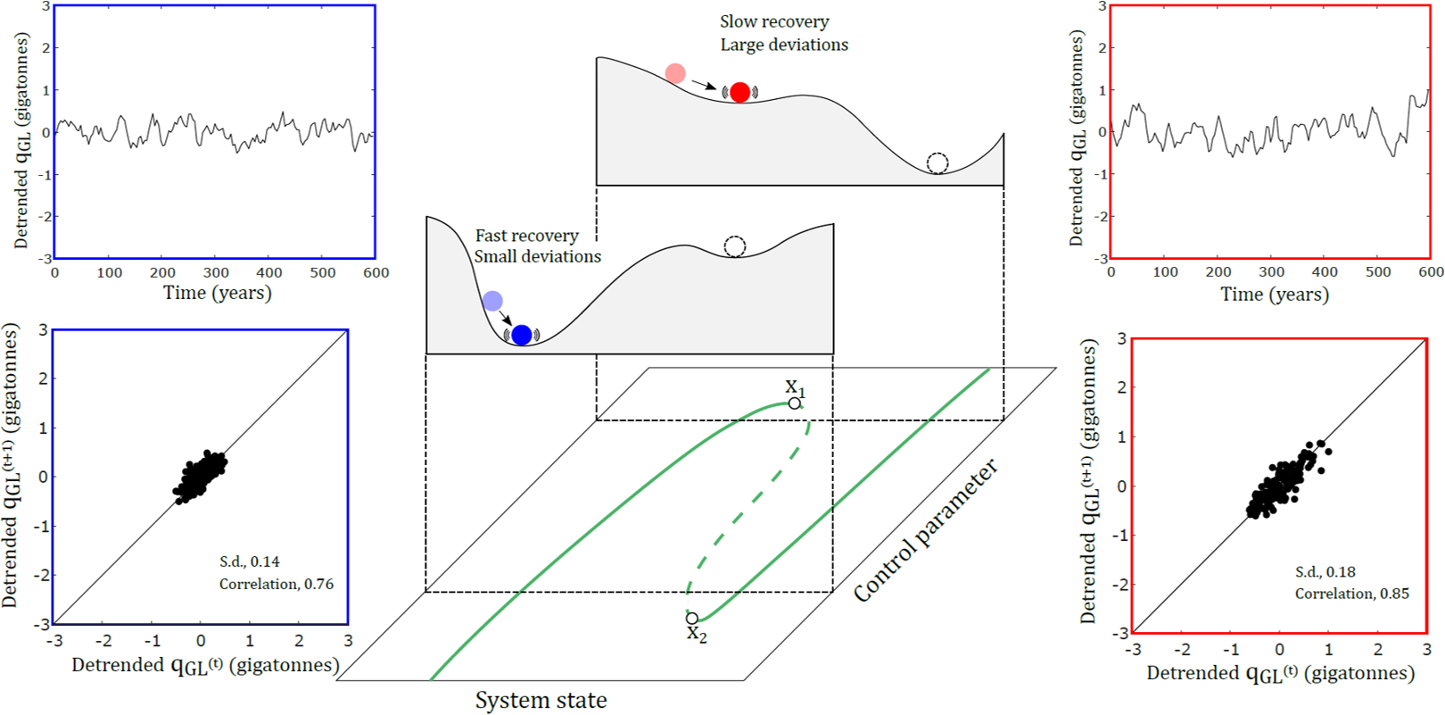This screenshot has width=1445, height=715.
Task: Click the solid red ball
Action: coord(739,92)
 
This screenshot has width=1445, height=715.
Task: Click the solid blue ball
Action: coord(522,335)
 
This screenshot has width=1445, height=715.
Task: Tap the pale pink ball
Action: coord(675,73)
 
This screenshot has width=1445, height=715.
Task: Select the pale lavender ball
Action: coord(492,301)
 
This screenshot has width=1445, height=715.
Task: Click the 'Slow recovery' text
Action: coord(774,21)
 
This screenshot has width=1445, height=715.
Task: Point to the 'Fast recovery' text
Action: coord(526,236)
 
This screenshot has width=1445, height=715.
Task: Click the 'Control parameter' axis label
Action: coord(925,532)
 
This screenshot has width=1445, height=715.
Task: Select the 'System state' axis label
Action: coord(541,701)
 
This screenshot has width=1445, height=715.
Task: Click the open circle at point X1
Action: coord(794,403)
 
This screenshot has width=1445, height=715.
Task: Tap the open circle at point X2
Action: coord(692,618)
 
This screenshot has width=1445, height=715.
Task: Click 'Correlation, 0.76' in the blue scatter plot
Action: coord(277,584)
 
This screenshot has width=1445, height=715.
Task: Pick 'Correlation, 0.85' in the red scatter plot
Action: coord(1352,594)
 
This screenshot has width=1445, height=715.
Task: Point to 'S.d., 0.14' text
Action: coord(250,561)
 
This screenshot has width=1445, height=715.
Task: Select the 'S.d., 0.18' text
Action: coord(1325,571)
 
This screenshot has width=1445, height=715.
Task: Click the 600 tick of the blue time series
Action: coord(376,273)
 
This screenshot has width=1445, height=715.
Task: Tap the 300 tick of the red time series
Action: coord(1271,272)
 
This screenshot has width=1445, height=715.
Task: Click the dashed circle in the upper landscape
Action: coord(937,163)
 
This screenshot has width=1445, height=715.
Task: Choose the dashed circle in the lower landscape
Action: coord(734,246)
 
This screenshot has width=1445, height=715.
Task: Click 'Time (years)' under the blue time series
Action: coord(217,293)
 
